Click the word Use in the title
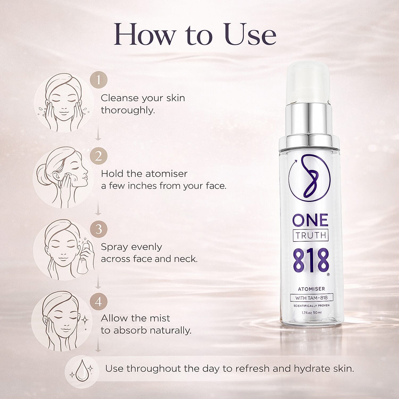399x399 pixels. click(250, 35)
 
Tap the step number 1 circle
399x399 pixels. click(98, 80)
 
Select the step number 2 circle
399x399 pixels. click(98, 156)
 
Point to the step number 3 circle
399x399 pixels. click(98, 229)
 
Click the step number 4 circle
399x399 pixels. click(98, 302)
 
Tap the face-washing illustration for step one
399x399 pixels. click(63, 102)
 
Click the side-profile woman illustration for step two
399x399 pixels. click(64, 177)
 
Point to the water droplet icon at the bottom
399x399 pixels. click(81, 370)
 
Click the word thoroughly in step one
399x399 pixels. click(128, 110)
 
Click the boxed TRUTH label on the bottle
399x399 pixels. click(311, 235)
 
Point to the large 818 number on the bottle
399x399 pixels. click(311, 261)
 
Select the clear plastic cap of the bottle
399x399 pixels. click(309, 80)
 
